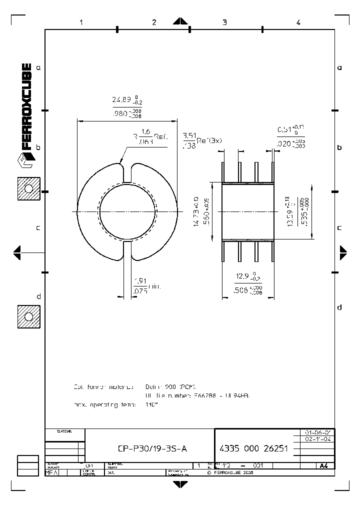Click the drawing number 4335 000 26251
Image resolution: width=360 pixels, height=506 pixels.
[x=253, y=449]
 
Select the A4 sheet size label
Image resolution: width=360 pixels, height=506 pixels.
[x=323, y=465]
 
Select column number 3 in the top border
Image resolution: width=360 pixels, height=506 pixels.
[x=224, y=22]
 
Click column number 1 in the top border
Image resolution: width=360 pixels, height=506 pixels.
[x=80, y=22]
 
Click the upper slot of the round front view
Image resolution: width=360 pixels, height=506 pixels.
[x=127, y=172]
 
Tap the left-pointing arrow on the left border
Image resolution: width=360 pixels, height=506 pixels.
[x=16, y=252]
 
